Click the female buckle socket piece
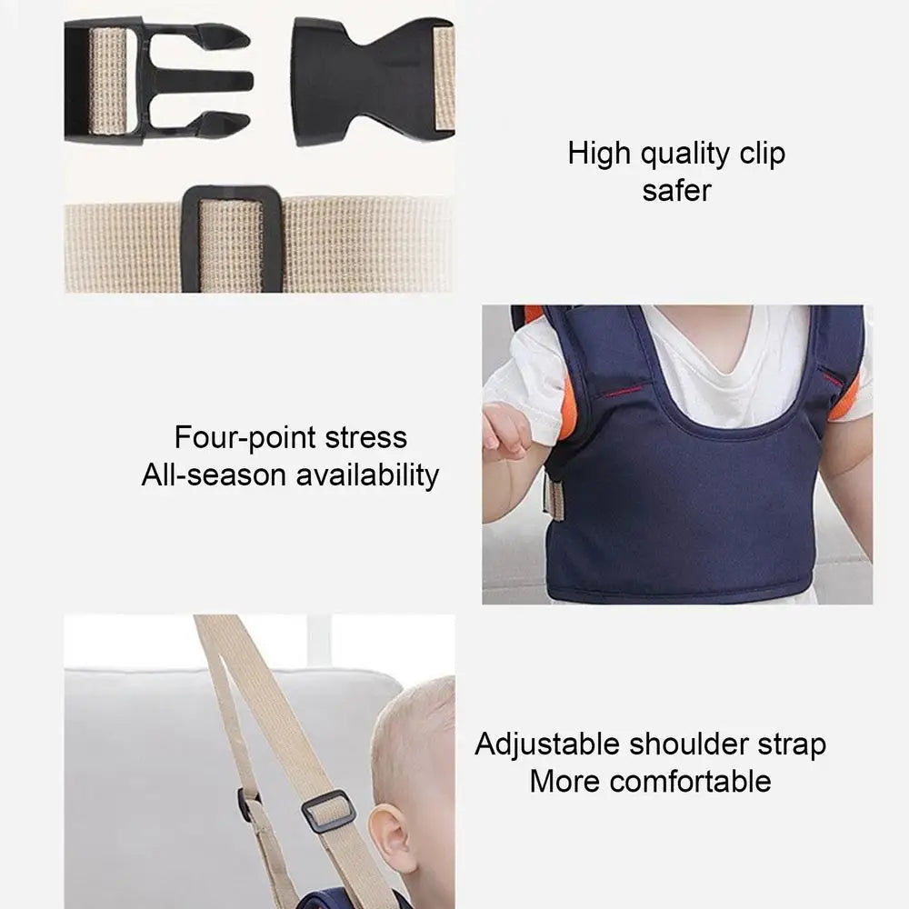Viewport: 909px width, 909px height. (364, 80)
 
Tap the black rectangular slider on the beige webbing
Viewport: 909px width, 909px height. (232, 239)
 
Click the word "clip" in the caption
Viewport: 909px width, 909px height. (762, 154)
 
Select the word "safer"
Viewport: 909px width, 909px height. (676, 190)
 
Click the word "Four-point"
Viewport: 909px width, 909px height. (239, 437)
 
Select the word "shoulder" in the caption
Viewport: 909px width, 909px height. (692, 744)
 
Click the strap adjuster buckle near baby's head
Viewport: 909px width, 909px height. (328, 811)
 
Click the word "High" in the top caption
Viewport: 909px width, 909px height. (600, 154)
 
